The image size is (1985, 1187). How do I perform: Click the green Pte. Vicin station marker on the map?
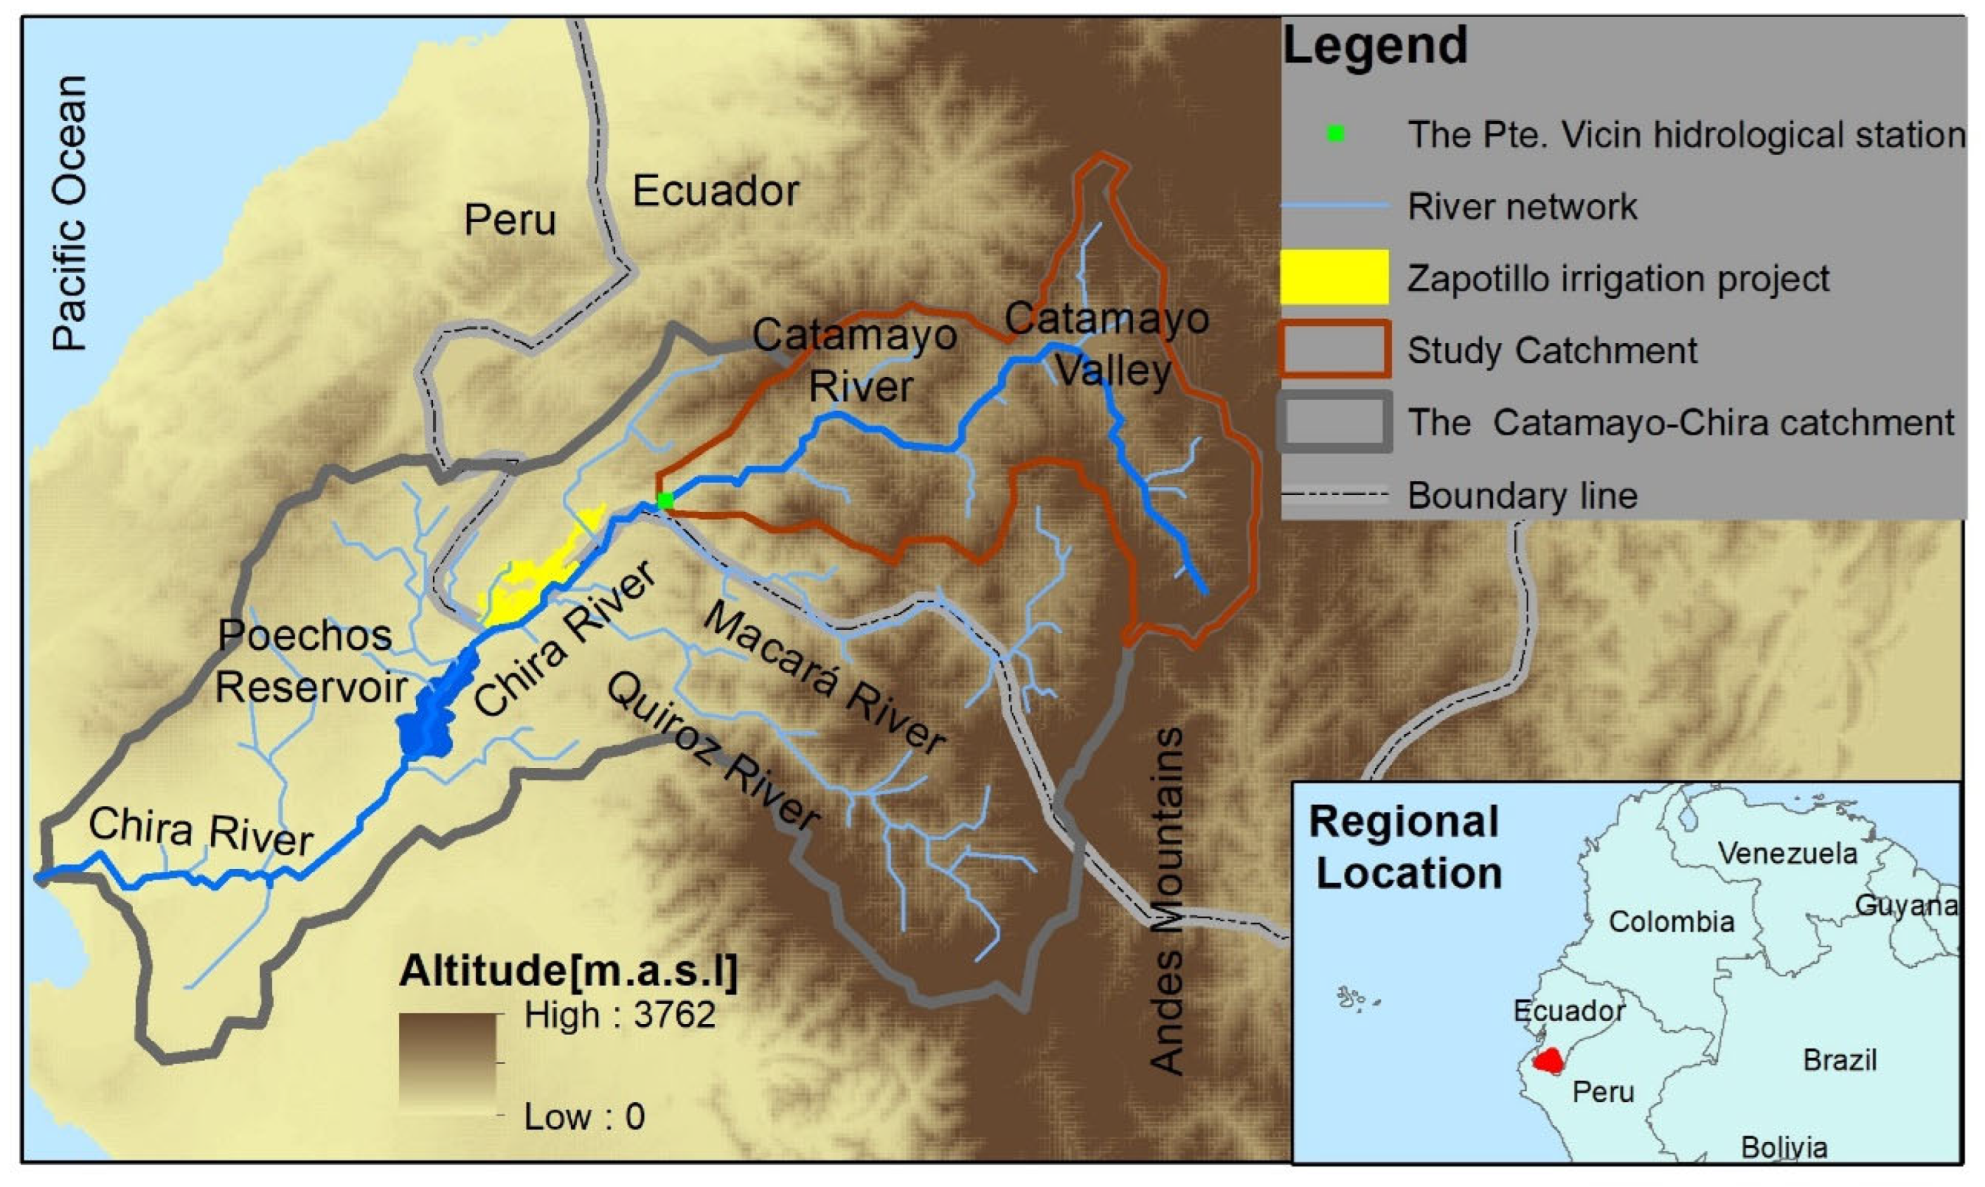point(664,501)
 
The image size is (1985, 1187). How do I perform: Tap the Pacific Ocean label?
point(70,214)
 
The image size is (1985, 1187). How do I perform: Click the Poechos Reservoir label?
point(309,662)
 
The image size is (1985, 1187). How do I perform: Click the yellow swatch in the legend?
point(1333,277)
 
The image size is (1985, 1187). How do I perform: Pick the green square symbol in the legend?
point(1334,134)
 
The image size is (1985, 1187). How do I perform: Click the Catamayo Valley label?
point(1107,344)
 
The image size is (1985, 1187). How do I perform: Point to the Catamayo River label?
point(855,360)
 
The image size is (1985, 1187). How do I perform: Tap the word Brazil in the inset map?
point(1839,1060)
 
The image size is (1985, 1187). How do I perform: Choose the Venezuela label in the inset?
point(1787,854)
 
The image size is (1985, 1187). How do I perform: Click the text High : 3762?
point(619,1015)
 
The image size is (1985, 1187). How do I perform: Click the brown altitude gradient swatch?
point(448,1064)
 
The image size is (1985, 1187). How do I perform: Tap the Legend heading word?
point(1375,46)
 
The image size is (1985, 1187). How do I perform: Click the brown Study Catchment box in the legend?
point(1333,349)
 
